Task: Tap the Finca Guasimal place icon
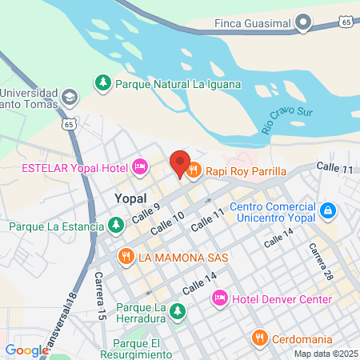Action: point(303,23)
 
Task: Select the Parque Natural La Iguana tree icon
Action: point(102,82)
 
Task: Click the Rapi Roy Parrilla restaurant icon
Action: point(194,170)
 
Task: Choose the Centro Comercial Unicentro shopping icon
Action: point(327,210)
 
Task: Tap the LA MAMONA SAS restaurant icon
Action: point(125,258)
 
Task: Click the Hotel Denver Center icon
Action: point(219,299)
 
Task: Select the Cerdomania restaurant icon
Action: point(259,338)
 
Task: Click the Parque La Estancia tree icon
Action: point(117,226)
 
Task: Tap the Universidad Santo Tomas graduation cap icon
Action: point(70,96)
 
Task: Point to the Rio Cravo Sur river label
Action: point(287,115)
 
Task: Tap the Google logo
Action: point(26,350)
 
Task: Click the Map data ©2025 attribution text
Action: point(324,354)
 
